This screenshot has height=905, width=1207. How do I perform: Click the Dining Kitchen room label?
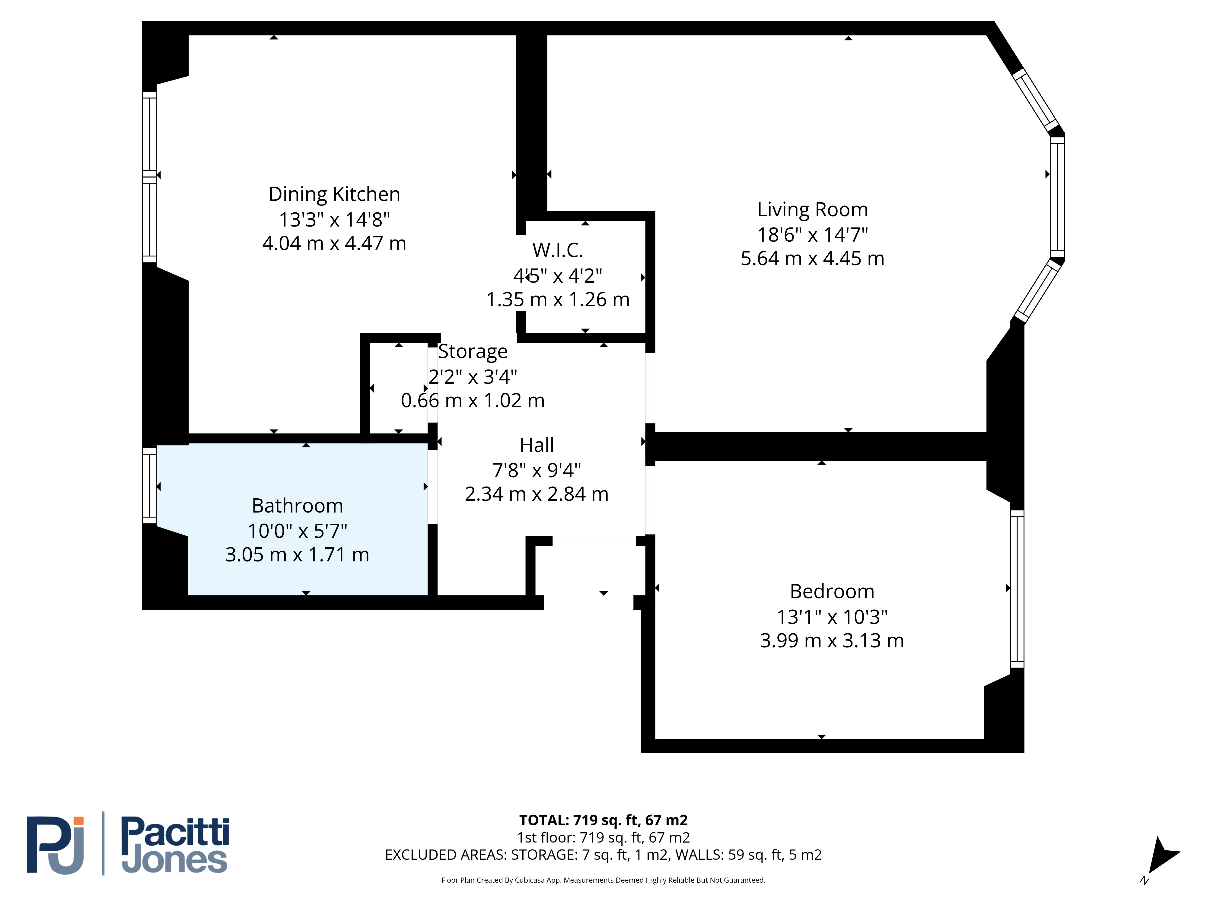(x=334, y=194)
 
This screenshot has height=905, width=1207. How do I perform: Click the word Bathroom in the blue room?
(x=298, y=506)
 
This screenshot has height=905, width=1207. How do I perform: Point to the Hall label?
(x=537, y=445)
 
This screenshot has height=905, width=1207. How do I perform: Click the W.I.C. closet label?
(x=558, y=250)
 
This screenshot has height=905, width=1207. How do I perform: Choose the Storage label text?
(x=473, y=352)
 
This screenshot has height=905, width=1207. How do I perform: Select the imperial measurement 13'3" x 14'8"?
(x=334, y=219)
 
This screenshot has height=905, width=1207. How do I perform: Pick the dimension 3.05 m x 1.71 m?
(x=298, y=555)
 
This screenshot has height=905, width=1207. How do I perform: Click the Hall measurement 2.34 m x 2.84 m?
(x=537, y=494)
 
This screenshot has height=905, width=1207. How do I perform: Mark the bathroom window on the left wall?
(x=149, y=485)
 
